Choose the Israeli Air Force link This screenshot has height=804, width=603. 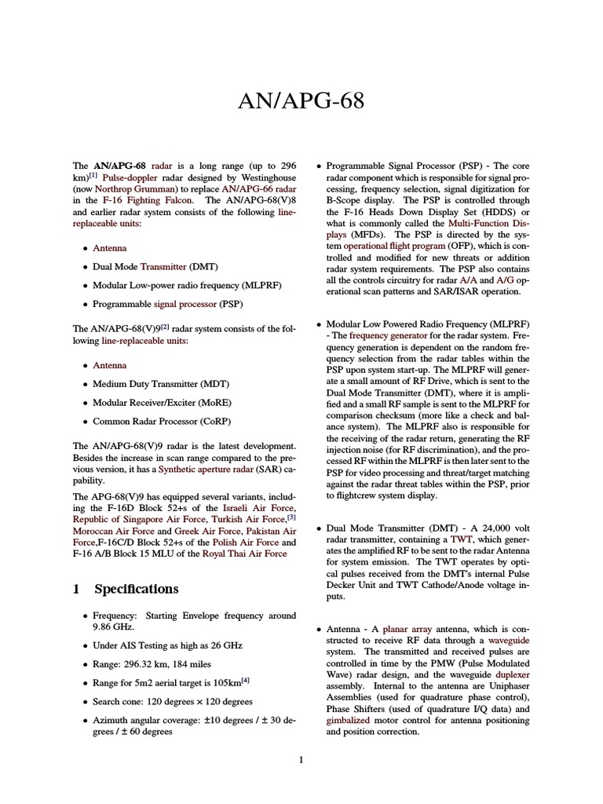click(x=254, y=508)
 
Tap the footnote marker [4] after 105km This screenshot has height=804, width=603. click(x=245, y=679)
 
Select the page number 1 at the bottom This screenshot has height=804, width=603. click(x=301, y=760)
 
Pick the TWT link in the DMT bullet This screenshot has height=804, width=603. click(x=461, y=539)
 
